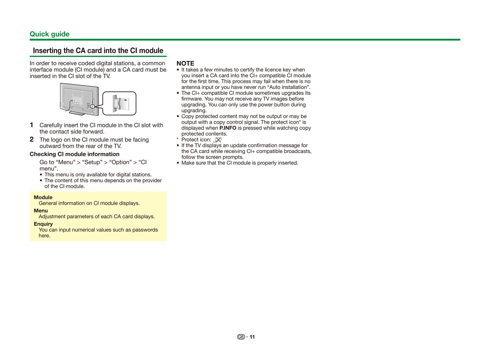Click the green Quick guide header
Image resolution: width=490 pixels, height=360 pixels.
[x=49, y=34]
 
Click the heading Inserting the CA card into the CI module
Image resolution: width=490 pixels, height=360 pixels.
[x=98, y=51]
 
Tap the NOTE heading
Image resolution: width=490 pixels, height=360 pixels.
[x=185, y=63]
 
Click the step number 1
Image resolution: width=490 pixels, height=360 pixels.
[x=32, y=125]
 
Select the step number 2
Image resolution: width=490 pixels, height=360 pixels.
[x=32, y=139]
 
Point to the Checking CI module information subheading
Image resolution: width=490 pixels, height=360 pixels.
[x=74, y=154]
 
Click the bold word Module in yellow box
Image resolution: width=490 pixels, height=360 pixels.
[x=43, y=197]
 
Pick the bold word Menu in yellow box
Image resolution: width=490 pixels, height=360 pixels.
[x=41, y=211]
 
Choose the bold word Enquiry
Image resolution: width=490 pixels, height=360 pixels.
[x=43, y=224]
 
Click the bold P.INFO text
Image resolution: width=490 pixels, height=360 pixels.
[x=228, y=128]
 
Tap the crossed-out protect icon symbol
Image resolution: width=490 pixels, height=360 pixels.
[x=218, y=140]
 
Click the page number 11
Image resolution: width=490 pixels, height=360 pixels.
[x=252, y=337]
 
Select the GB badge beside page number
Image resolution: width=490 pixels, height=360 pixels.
[x=241, y=337]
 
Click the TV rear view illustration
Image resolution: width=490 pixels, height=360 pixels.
[x=79, y=99]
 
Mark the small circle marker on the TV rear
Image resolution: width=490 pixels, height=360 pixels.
[x=92, y=106]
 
